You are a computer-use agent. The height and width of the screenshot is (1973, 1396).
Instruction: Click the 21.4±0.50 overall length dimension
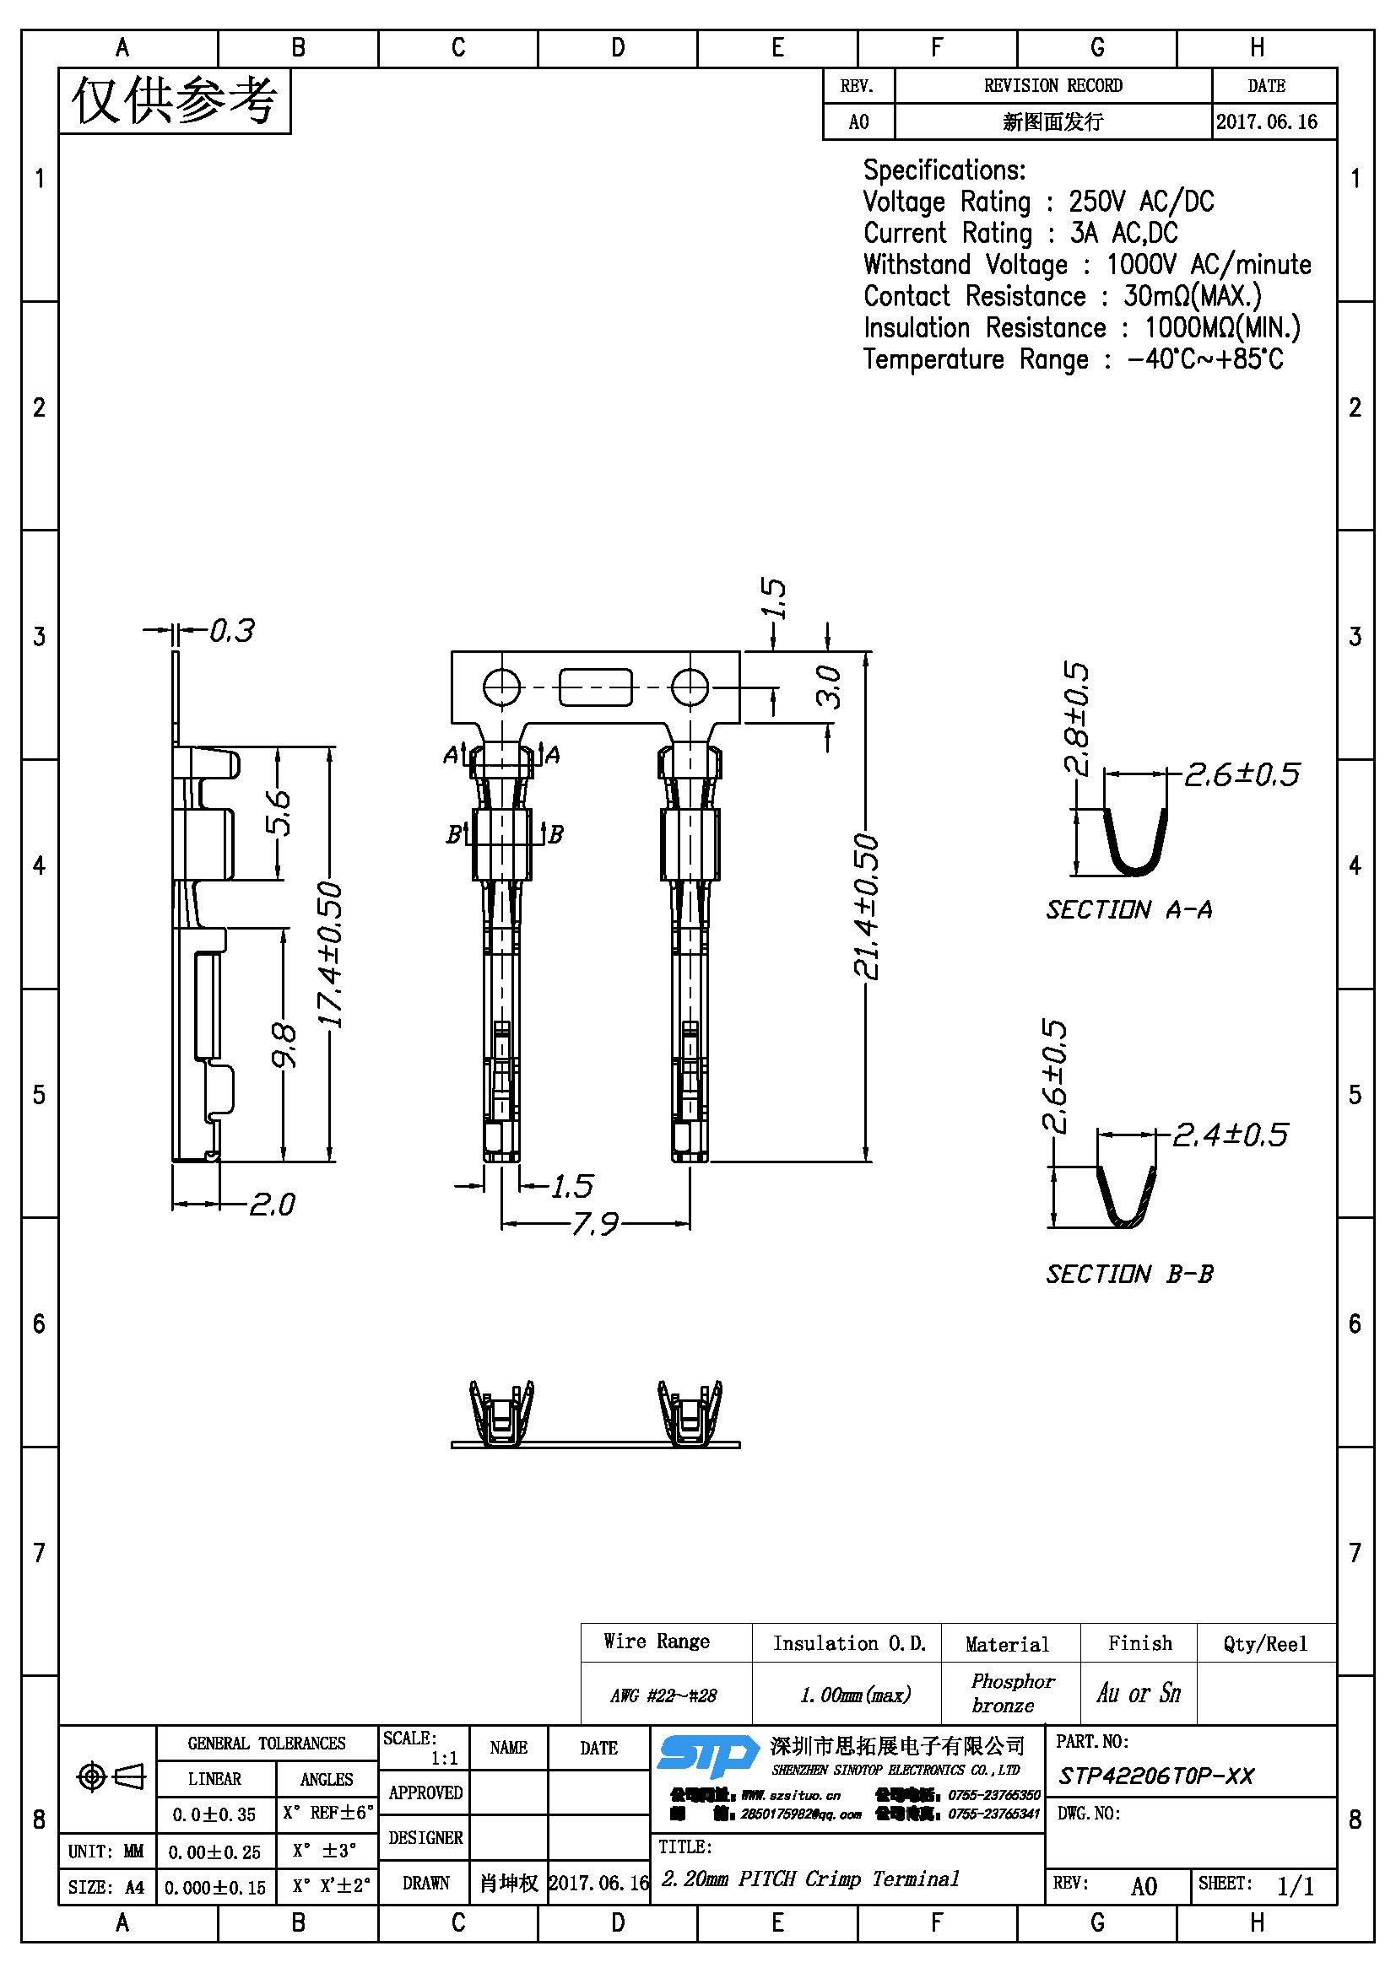pyautogui.click(x=867, y=906)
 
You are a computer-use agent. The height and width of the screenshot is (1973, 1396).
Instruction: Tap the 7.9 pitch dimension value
pyautogui.click(x=595, y=1224)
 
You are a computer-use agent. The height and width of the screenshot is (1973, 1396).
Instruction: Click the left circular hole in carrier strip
pyautogui.click(x=502, y=687)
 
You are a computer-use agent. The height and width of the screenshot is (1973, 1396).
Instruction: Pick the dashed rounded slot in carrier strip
pyautogui.click(x=596, y=687)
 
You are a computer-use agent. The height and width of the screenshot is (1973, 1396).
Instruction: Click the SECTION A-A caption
pyautogui.click(x=1128, y=910)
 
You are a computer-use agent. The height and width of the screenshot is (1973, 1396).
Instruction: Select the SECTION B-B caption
pyautogui.click(x=1128, y=1275)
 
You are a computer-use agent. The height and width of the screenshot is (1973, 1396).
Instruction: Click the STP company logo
pyautogui.click(x=707, y=1755)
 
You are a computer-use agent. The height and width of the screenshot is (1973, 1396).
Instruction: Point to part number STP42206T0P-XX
pyautogui.click(x=1156, y=1776)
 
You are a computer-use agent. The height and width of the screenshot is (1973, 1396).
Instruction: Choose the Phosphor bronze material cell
pyautogui.click(x=1011, y=1693)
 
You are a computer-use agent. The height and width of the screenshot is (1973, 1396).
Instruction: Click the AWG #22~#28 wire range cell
pyautogui.click(x=663, y=1695)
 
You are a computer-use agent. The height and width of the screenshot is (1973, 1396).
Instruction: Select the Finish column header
pyautogui.click(x=1139, y=1643)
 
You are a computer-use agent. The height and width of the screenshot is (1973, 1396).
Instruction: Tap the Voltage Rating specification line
pyautogui.click(x=1037, y=202)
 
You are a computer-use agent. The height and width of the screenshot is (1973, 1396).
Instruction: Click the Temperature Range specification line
pyautogui.click(x=1072, y=359)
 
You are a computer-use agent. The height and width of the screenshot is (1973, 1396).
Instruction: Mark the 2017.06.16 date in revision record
pyautogui.click(x=1266, y=122)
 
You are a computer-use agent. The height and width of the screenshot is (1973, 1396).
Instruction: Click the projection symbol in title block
pyautogui.click(x=110, y=1776)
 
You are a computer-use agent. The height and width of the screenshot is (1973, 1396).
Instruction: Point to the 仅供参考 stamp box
pyautogui.click(x=175, y=101)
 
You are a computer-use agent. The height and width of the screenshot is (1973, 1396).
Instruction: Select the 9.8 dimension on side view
pyautogui.click(x=284, y=1045)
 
